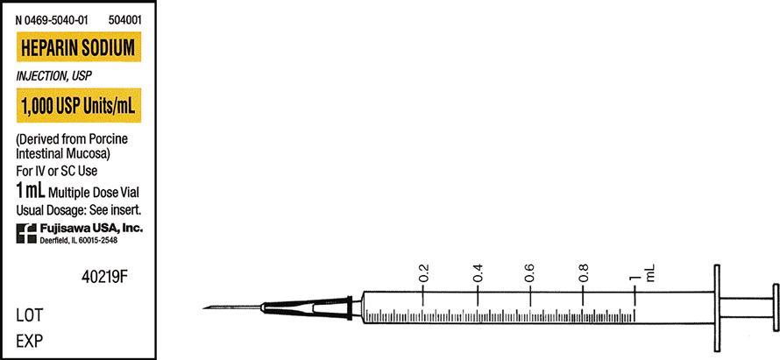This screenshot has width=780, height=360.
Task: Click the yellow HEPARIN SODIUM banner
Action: point(79,47)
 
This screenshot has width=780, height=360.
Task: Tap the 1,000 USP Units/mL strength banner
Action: point(79,105)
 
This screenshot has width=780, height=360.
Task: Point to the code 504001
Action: point(124,21)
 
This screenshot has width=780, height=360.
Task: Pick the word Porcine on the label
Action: point(108,138)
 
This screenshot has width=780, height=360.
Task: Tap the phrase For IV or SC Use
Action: point(57,171)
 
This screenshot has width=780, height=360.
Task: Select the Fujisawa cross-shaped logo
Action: point(26,233)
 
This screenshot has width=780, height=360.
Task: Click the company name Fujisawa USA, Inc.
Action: point(91,229)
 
